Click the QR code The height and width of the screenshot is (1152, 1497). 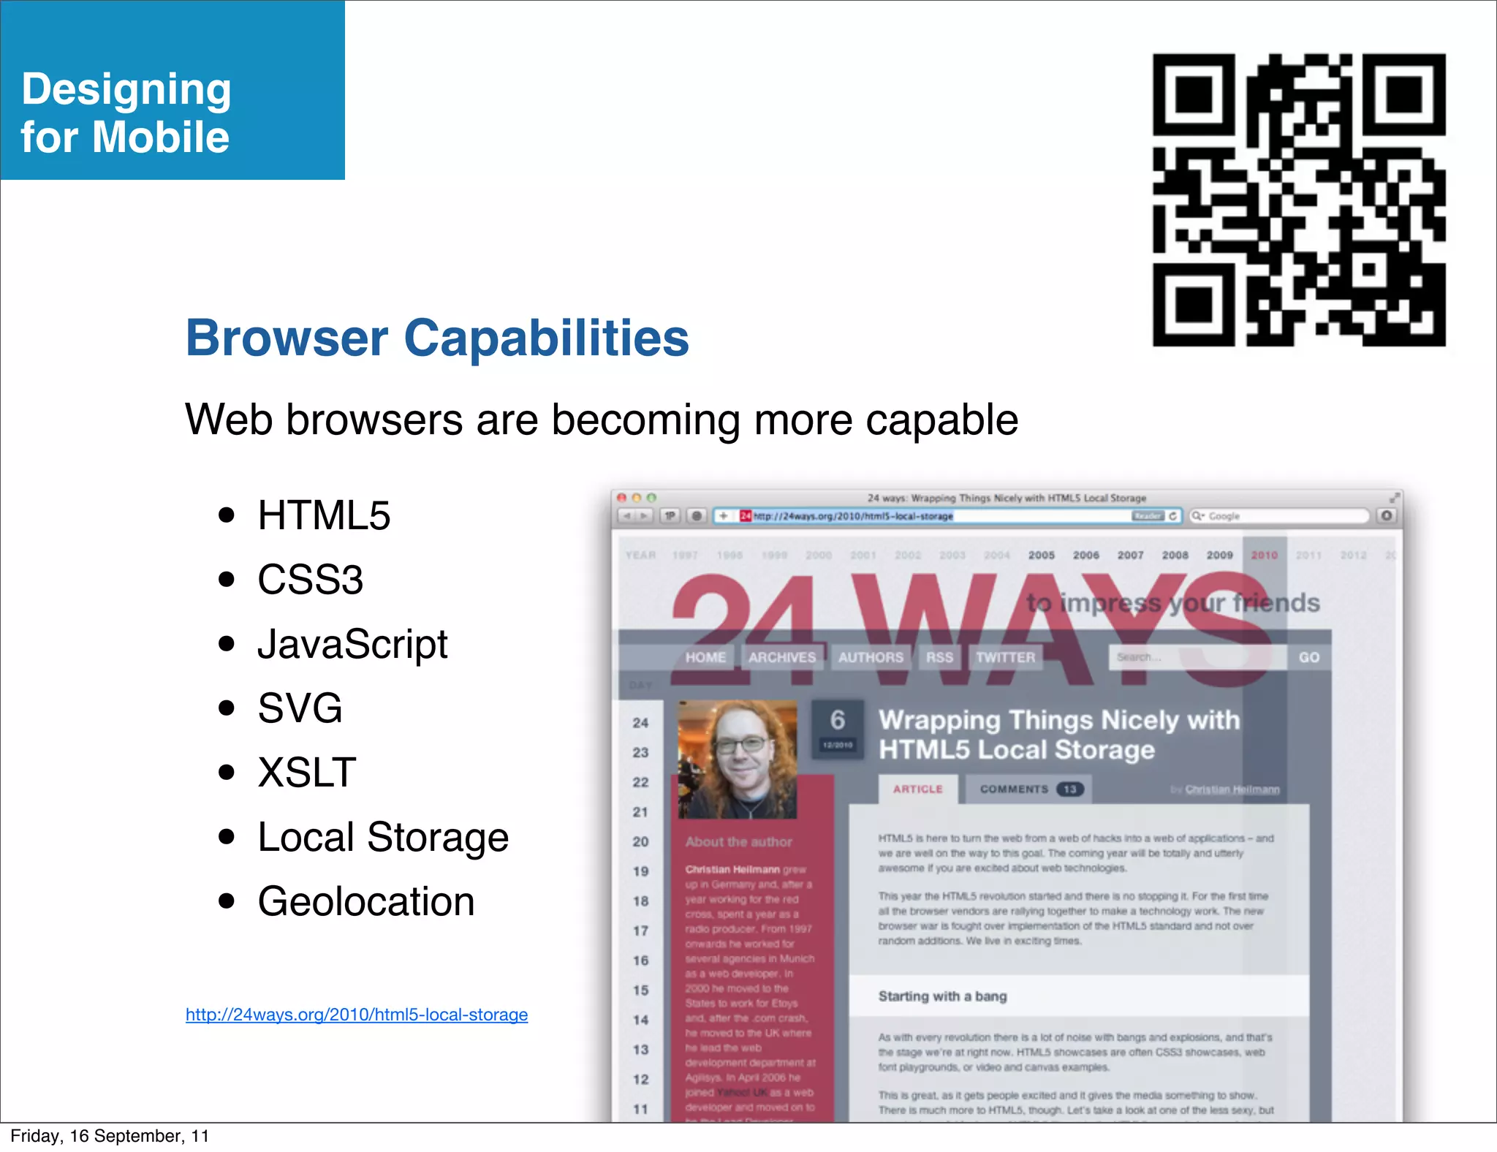tap(1298, 200)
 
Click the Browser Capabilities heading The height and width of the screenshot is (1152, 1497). tap(437, 338)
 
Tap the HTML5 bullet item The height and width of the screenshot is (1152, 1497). tap(324, 515)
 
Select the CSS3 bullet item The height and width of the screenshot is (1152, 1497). tap(310, 580)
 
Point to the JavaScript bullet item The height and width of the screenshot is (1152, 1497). tap(352, 644)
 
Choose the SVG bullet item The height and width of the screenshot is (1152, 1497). tap(300, 708)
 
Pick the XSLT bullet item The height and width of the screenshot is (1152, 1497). tap(307, 773)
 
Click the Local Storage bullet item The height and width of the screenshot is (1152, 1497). tap(383, 837)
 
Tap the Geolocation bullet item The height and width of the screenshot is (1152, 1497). tap(366, 901)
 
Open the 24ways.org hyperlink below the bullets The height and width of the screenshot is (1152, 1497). tap(357, 1015)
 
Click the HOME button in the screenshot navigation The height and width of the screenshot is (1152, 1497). tap(705, 657)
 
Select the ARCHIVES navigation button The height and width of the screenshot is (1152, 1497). tap(782, 657)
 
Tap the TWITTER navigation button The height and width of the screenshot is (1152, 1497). tap(1005, 657)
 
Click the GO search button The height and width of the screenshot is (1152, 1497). tap(1308, 657)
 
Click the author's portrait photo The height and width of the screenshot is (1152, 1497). tap(737, 759)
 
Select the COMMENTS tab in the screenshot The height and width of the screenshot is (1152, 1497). tap(1027, 789)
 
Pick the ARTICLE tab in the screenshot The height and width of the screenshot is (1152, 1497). tap(918, 789)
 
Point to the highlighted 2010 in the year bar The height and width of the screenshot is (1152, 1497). tap(1264, 556)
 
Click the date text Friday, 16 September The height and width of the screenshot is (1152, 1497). tap(110, 1136)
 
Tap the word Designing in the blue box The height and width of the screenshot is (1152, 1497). tap(126, 89)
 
